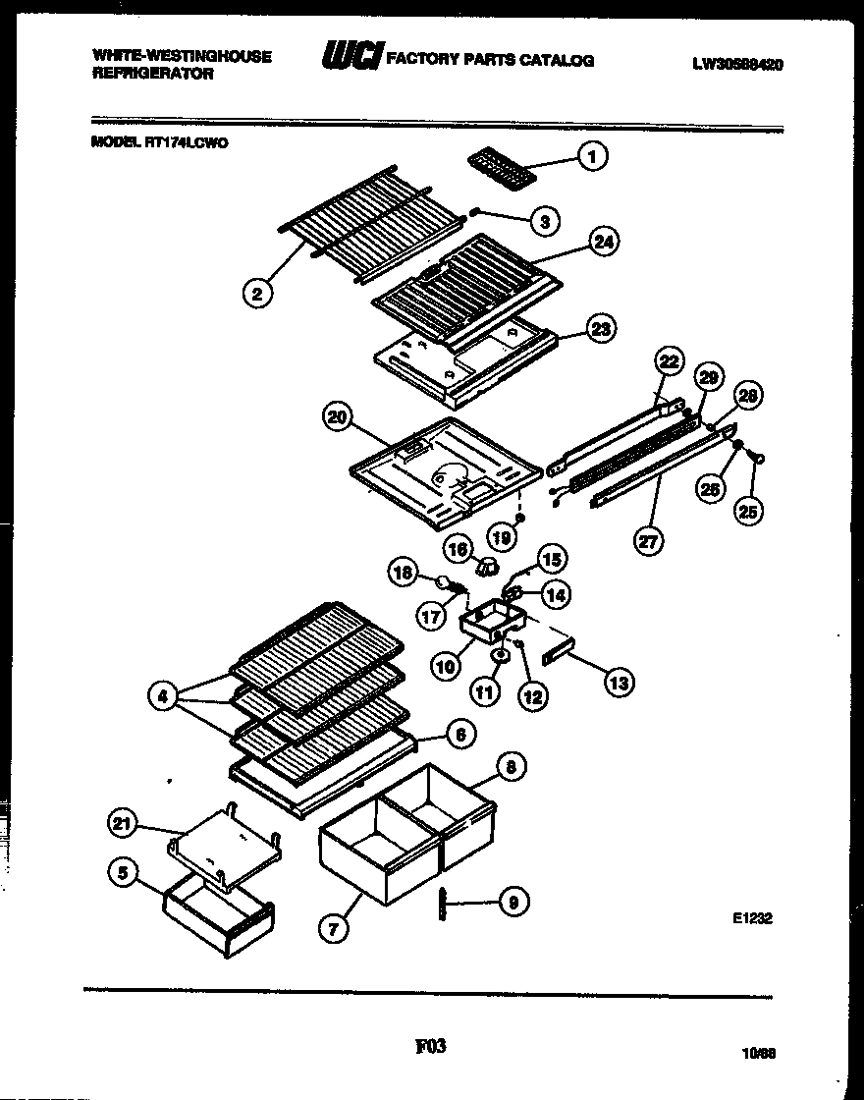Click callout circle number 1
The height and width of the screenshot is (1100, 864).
592,155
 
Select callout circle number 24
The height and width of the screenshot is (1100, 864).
605,242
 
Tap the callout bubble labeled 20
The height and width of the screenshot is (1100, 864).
338,418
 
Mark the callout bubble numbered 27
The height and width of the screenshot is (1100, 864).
648,541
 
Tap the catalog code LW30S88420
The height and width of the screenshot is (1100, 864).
736,65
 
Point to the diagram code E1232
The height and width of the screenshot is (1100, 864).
753,919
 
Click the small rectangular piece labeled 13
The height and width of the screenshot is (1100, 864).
556,653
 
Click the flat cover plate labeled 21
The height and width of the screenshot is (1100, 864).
226,847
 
